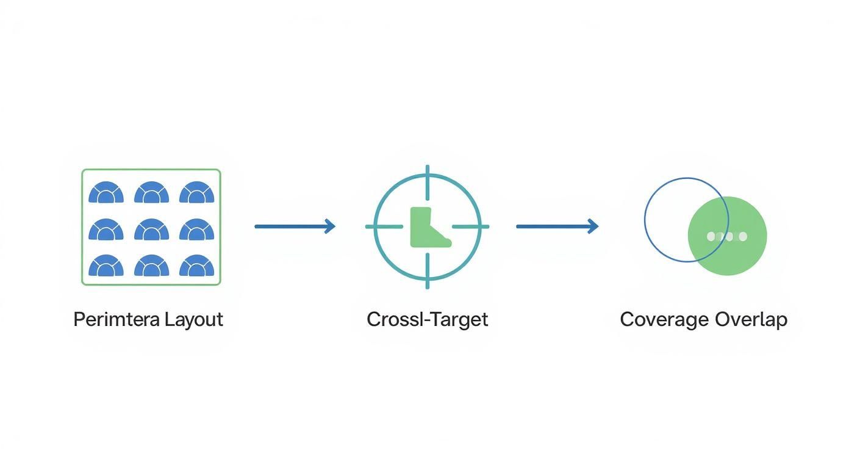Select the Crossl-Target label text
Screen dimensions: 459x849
pos(427,319)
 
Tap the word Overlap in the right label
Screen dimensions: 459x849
pos(751,320)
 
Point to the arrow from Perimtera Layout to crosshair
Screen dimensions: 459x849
pos(295,226)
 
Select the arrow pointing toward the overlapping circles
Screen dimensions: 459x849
pos(557,226)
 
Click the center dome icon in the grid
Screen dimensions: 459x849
pos(151,230)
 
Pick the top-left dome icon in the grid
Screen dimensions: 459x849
pos(106,193)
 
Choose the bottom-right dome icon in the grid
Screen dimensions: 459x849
pos(196,266)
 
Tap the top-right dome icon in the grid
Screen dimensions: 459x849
pos(196,193)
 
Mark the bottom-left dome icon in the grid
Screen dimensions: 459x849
pos(106,266)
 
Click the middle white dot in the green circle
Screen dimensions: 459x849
pos(727,236)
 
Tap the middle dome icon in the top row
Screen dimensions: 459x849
pos(151,193)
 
